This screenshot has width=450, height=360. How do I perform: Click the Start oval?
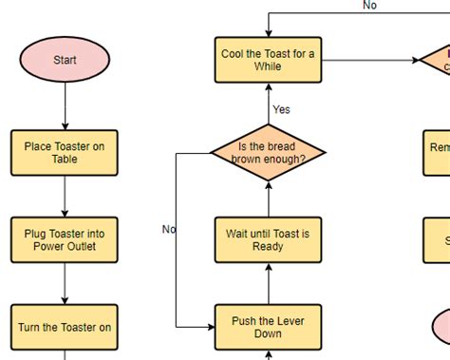65,60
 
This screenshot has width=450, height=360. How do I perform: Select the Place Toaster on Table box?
65,153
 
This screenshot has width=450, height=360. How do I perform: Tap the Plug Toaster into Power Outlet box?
65,240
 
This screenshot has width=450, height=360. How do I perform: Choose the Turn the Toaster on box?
65,328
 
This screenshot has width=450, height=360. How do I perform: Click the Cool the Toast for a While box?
268,60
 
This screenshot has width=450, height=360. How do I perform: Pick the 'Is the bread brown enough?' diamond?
268,153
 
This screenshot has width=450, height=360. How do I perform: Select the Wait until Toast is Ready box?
268,240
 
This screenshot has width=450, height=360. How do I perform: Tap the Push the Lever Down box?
268,328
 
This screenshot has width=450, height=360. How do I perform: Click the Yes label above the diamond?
281,109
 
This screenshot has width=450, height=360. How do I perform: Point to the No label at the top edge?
369,6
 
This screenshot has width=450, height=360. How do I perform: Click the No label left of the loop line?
169,229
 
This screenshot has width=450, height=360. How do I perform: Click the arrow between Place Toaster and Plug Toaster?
65,197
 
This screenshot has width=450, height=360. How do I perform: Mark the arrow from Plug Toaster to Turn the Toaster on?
65,284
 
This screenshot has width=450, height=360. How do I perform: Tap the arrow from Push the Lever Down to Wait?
268,284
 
